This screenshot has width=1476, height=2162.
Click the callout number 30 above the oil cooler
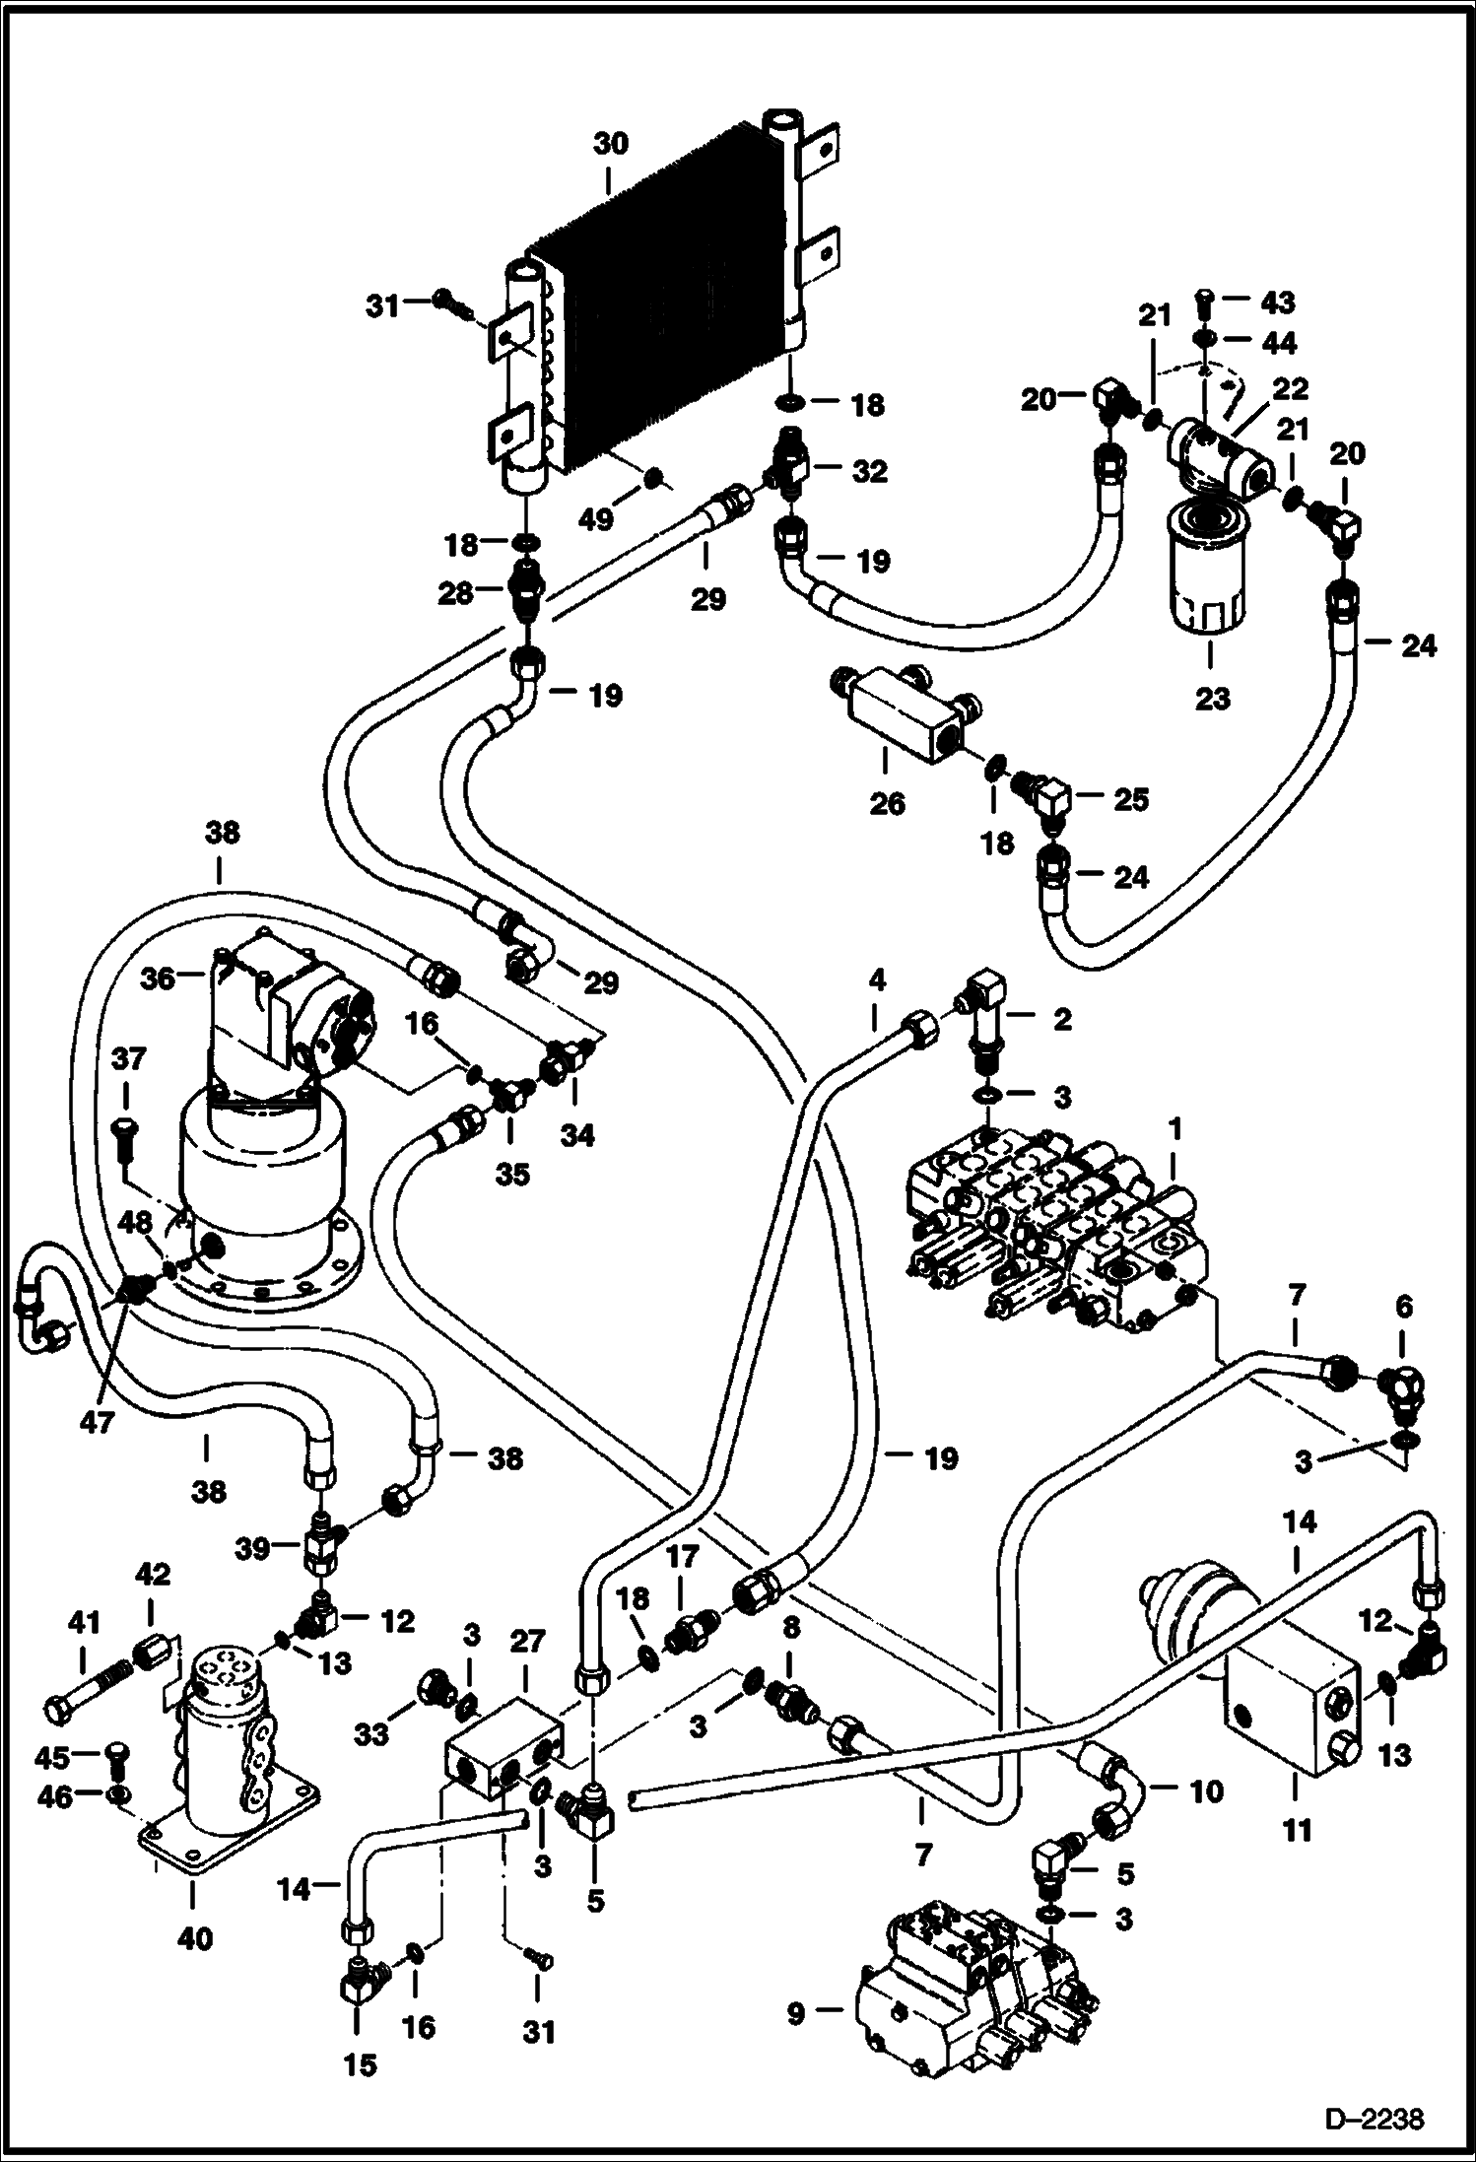[610, 144]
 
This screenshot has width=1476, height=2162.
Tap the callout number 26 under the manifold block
[887, 803]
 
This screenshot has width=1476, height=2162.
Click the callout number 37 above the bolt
[128, 1060]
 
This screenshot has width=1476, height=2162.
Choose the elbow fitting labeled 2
[988, 1015]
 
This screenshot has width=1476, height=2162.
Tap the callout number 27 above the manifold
[527, 1641]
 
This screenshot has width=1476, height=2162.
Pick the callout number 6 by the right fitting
[1403, 1308]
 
